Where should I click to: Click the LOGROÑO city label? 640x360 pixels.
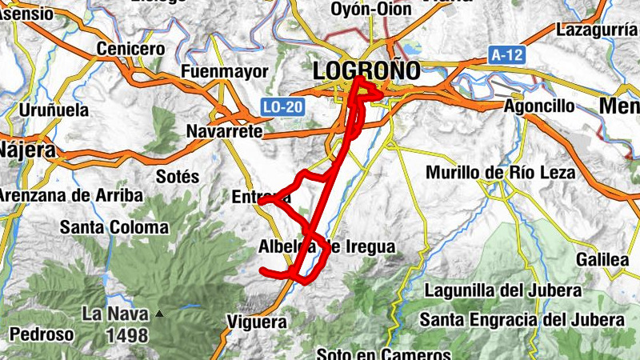pos(366,70)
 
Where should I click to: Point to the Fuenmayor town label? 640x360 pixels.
pos(225,72)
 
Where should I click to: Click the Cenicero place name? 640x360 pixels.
pos(130,50)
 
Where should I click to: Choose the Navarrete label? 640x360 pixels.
pos(225,130)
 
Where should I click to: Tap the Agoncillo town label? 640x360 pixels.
pos(540,106)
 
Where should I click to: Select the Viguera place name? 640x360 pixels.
pos(257,322)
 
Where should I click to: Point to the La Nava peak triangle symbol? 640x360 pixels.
pos(159,314)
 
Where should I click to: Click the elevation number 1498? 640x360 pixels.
pos(127,335)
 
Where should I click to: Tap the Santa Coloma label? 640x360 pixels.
pos(114,228)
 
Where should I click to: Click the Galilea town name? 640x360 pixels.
pos(602,260)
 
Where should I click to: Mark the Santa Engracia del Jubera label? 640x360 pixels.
pos(522,320)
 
